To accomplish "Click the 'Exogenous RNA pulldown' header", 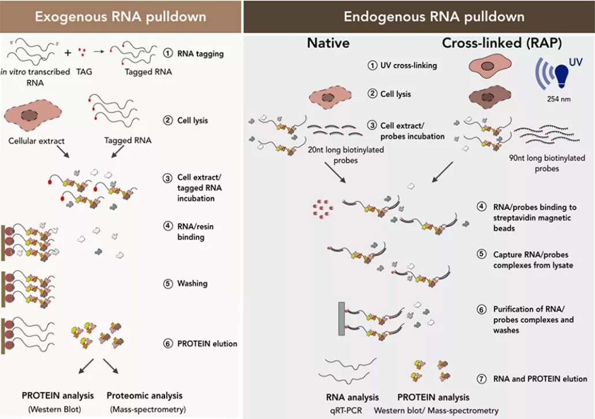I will point(121,16).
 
